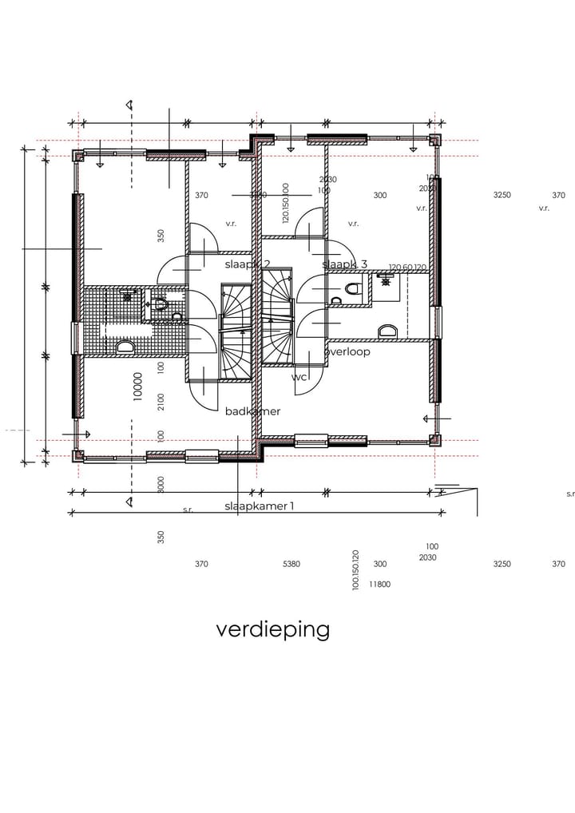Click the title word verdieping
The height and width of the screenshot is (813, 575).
tap(272, 629)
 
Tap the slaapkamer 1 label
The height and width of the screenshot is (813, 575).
tap(259, 506)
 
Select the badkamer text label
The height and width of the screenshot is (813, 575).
tap(252, 411)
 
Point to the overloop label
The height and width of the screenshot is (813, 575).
tap(347, 351)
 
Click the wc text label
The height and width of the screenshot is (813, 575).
tap(299, 377)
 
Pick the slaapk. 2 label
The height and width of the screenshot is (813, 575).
tap(248, 264)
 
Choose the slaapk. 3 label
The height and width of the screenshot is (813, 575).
tap(344, 264)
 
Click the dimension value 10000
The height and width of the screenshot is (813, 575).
tap(138, 386)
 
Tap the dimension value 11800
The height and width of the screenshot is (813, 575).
tap(379, 585)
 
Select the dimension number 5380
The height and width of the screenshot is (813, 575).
tap(291, 564)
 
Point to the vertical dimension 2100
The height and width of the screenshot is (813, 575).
tap(161, 402)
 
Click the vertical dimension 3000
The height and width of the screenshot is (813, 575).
tap(161, 485)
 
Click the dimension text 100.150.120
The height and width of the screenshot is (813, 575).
tap(355, 569)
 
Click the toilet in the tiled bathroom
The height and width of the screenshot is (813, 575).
tap(160, 304)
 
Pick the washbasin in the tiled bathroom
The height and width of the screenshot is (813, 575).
tap(125, 347)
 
